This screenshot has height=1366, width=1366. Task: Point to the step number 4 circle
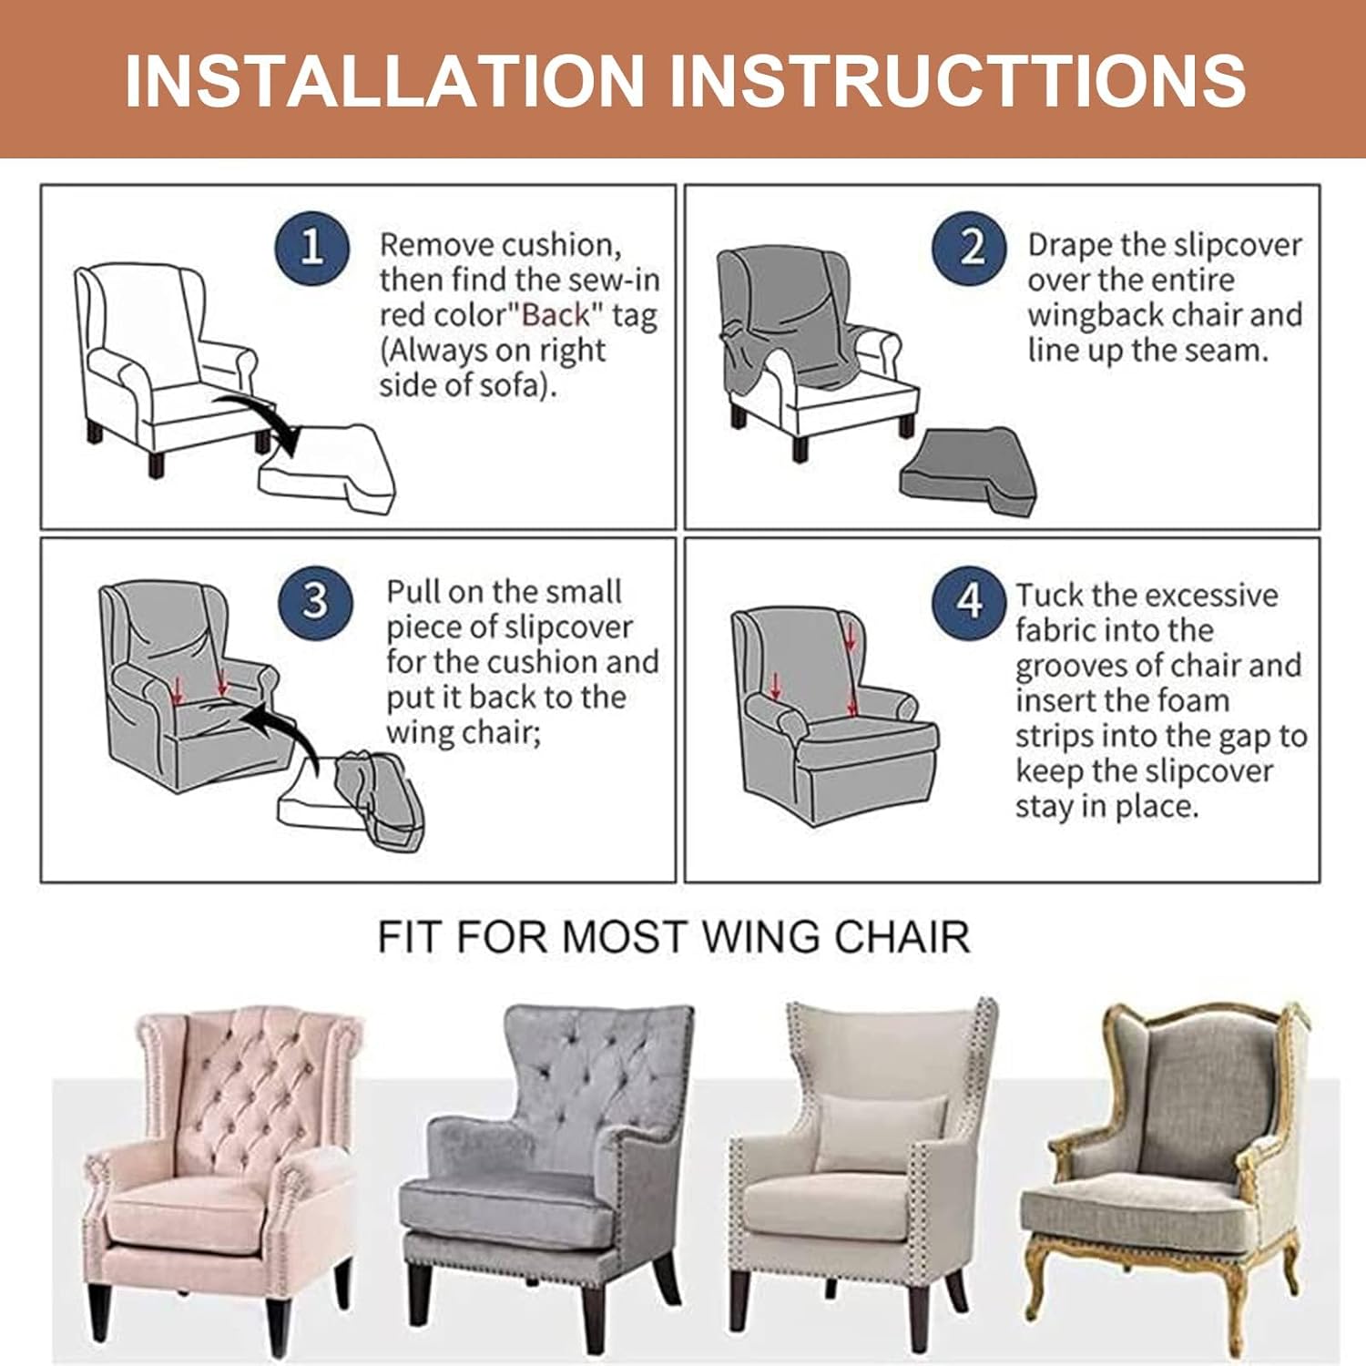[x=969, y=601]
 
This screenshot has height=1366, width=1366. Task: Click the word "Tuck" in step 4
[x=1048, y=596]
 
